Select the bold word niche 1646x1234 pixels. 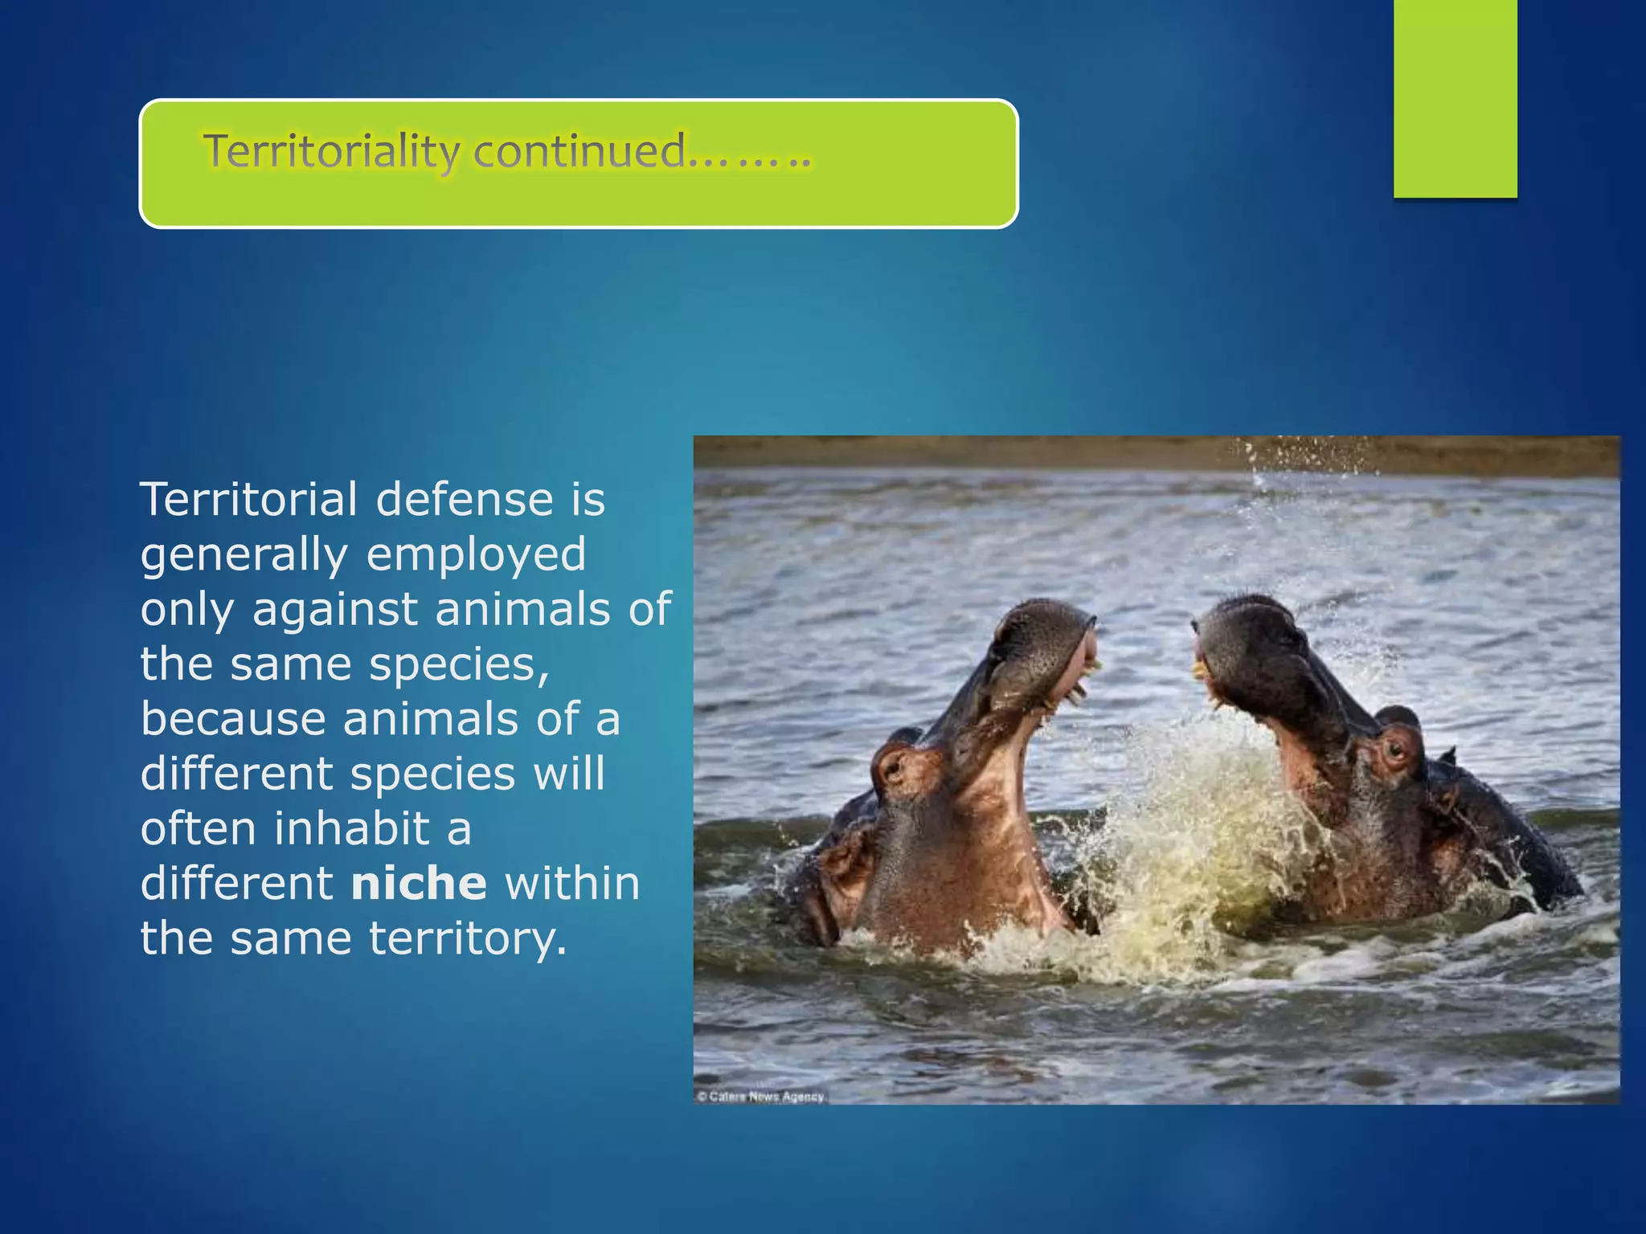(x=419, y=884)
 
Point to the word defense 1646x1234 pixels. (x=465, y=500)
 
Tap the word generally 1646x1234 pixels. (x=244, y=556)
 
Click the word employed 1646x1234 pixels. (x=476, y=556)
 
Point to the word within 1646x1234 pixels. (x=571, y=884)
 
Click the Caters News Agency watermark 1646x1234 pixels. (x=760, y=1097)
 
